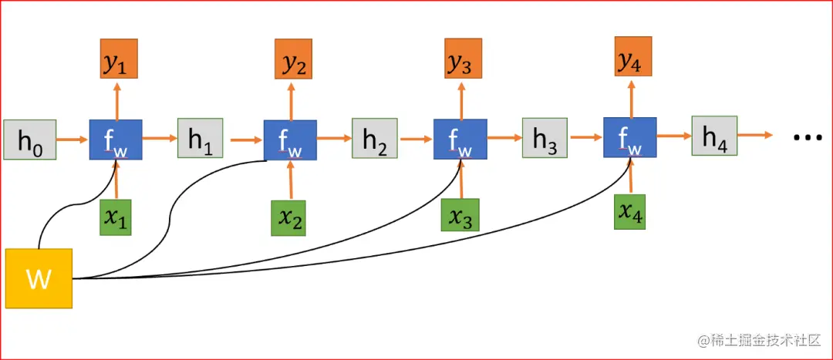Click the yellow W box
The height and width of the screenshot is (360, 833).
pyautogui.click(x=39, y=278)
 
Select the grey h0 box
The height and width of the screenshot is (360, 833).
pyautogui.click(x=29, y=140)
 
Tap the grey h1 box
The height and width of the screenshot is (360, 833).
pyautogui.click(x=200, y=139)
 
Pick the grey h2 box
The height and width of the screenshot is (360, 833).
pyautogui.click(x=374, y=139)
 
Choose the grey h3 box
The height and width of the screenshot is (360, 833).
pyautogui.click(x=545, y=139)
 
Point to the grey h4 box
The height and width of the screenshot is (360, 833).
pyautogui.click(x=714, y=136)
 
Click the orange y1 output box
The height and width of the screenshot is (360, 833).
pyautogui.click(x=118, y=58)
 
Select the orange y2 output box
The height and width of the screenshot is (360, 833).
pyautogui.click(x=294, y=59)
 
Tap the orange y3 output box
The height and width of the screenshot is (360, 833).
pyautogui.click(x=461, y=59)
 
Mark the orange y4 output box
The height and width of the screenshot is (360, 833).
pyautogui.click(x=631, y=57)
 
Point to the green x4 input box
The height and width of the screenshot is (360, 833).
pyautogui.click(x=630, y=211)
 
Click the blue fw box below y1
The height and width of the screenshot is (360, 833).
pyautogui.click(x=116, y=140)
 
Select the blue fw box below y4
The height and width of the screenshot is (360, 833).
pyautogui.click(x=629, y=137)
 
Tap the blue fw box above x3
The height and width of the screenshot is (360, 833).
pyautogui.click(x=460, y=140)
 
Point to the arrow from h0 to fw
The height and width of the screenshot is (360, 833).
pyautogui.click(x=73, y=140)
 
